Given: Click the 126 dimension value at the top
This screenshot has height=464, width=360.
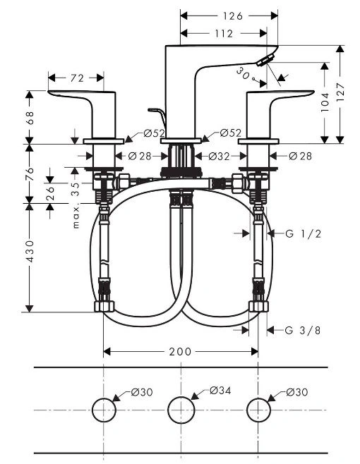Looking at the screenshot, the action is coord(233,16).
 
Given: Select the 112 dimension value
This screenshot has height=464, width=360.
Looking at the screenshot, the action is coord(224,33).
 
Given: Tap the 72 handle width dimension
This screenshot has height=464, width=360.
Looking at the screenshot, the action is coord(78,78).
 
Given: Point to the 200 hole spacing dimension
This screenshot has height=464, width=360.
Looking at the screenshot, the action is coord(180,352).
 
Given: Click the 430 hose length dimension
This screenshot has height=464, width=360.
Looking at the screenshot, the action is coord(30,251).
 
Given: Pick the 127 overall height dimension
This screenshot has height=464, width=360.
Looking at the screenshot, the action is coord(340,92).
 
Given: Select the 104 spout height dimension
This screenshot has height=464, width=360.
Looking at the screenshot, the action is coord(325,102).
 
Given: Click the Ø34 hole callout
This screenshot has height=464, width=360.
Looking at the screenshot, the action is coord(220,391).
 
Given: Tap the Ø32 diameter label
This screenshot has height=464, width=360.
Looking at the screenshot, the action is coord(220,157).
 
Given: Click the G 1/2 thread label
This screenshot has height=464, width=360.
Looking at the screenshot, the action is coord(303,234).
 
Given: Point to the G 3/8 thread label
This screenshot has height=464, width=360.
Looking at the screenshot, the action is coord(303,330).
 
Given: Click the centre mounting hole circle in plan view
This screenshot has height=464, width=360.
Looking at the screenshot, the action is coord(181,410).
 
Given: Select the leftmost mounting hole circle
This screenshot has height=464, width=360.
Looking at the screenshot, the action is coord(103,410).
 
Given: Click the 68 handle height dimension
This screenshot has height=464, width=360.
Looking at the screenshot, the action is coord(30,118).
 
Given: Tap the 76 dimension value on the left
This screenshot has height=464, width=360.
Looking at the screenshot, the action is coord(30,173).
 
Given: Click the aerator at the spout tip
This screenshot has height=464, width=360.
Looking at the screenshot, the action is coord(265,60).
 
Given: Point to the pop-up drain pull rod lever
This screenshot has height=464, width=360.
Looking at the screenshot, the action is coord(157,115).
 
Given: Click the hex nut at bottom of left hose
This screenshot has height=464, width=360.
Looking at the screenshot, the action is coord(104,306).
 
